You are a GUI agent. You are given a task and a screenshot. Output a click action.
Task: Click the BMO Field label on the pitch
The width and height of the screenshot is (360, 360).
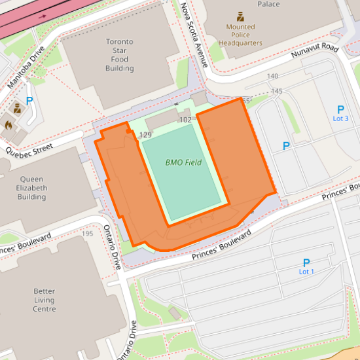point(183,162)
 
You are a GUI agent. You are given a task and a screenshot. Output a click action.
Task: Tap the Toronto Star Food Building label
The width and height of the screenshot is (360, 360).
point(119,55)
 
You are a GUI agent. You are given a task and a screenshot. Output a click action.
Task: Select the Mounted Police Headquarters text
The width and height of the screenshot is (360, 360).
point(240,35)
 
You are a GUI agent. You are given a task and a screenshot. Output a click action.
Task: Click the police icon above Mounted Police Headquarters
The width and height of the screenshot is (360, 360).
point(240,16)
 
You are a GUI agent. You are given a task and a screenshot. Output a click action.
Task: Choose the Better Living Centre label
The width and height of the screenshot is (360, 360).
point(45,300)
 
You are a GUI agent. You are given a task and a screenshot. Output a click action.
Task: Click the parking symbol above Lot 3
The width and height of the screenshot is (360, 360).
point(340,109)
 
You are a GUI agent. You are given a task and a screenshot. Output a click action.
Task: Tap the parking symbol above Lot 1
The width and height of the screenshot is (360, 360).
point(306,262)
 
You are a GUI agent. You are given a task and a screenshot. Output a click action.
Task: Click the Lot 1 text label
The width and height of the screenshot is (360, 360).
point(306,272)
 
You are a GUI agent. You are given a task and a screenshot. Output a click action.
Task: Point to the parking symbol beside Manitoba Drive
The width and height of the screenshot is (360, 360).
point(29,101)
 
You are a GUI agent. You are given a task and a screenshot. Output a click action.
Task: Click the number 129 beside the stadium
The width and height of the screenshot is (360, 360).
point(145,135)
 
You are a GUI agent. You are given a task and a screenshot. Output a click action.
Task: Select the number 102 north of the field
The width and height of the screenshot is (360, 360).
point(185,120)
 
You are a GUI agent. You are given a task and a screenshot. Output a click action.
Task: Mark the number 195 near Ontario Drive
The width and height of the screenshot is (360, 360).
point(87,233)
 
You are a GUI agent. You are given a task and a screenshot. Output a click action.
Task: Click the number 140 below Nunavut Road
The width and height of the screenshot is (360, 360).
point(273,77)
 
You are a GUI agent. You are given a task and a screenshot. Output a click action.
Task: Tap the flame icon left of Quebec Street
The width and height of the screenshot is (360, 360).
point(9,123)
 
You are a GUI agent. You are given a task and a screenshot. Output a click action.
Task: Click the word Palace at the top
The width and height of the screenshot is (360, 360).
point(268,4)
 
